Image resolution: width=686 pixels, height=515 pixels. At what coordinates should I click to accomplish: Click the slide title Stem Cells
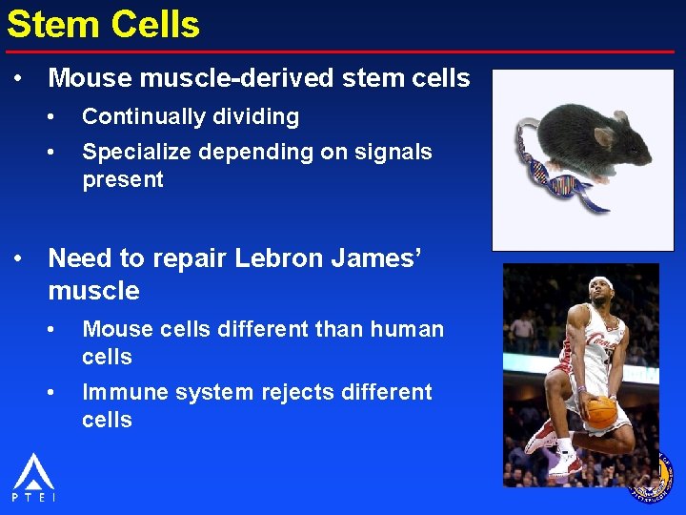103,24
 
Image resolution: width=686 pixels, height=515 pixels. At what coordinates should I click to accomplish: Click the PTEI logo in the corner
33,477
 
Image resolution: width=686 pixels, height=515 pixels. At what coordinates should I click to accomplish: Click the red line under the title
343,51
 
